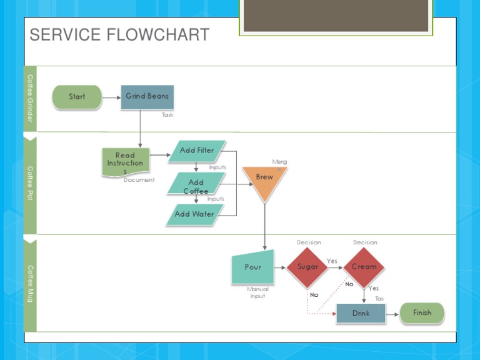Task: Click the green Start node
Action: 76,97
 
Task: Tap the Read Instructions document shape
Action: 126,162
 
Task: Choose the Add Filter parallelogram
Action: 197,151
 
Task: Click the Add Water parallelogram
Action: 194,214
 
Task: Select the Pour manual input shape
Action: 253,267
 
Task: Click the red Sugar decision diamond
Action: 307,267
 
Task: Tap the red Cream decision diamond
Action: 364,267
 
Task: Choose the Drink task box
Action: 361,314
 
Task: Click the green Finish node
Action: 422,313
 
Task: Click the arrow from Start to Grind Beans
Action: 111,97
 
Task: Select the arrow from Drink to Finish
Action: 392,314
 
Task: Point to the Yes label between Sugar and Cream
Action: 332,261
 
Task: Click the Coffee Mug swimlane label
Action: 30,284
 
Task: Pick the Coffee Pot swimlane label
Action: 30,182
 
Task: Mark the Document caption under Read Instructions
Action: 139,180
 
